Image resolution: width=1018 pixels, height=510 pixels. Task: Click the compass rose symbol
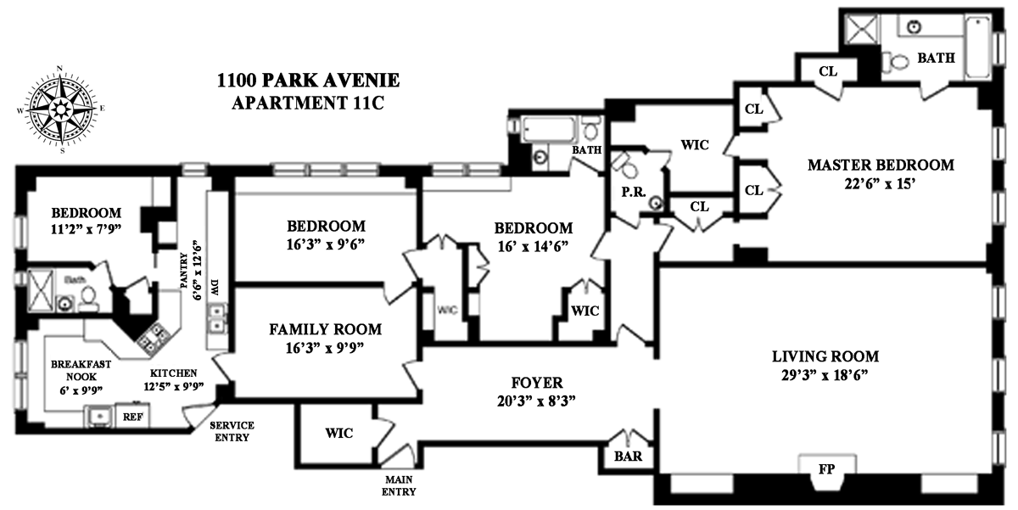(x=60, y=109)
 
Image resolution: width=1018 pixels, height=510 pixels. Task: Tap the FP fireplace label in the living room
(x=826, y=469)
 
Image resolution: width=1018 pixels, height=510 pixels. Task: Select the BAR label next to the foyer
(x=628, y=456)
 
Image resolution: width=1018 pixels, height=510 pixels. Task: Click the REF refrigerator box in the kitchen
(x=132, y=417)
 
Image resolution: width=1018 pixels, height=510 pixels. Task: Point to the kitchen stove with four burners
(x=154, y=338)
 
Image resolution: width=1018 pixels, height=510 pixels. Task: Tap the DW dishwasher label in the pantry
(x=215, y=288)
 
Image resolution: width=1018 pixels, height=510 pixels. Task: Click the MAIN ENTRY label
(x=399, y=485)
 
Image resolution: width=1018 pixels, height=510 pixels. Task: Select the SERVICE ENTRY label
(x=232, y=431)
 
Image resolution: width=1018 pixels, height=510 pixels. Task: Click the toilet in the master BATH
(x=894, y=62)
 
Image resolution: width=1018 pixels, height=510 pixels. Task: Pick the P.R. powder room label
(x=634, y=192)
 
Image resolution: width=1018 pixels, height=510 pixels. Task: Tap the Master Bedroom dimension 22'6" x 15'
(x=880, y=183)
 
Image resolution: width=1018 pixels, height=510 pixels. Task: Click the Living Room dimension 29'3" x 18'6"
(x=825, y=375)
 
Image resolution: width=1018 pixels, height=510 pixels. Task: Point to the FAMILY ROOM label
(x=326, y=329)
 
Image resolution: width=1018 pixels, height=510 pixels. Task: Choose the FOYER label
(x=537, y=383)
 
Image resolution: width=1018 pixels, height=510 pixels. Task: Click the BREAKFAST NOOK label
(x=81, y=371)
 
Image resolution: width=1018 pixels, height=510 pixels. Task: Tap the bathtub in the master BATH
(x=977, y=48)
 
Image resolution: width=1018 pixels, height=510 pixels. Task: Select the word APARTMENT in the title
(x=289, y=103)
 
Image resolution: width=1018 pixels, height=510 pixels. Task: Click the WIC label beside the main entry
(x=339, y=433)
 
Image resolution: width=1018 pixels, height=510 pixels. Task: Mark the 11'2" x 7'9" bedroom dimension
(x=86, y=230)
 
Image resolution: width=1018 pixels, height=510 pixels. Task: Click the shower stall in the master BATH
(x=862, y=29)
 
